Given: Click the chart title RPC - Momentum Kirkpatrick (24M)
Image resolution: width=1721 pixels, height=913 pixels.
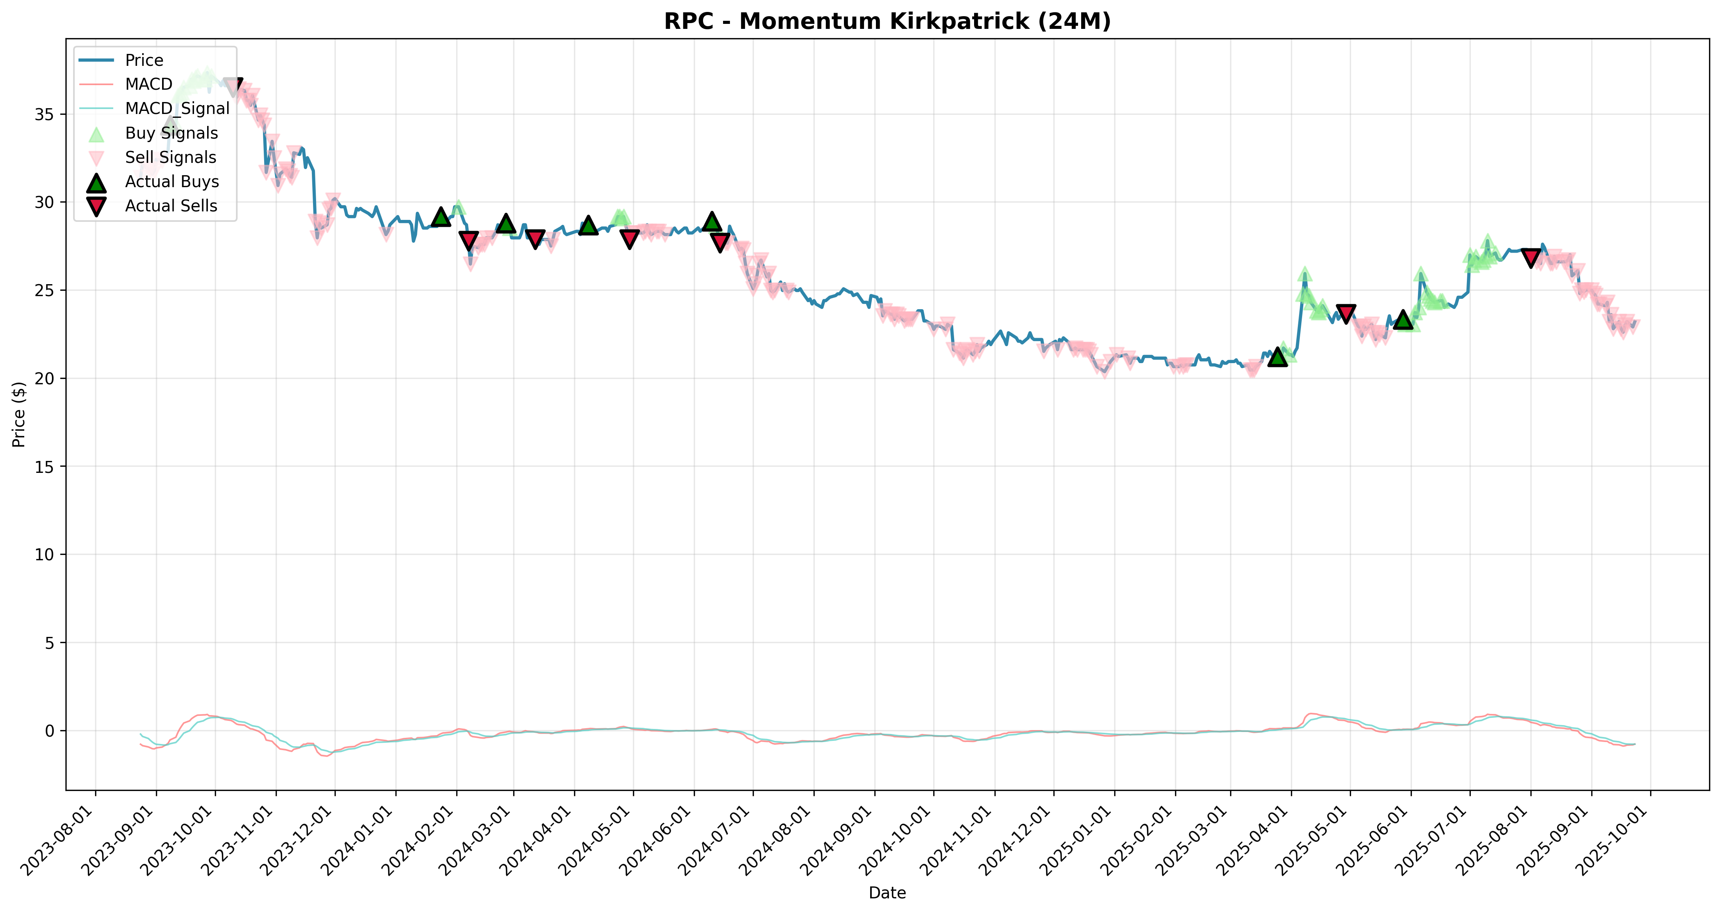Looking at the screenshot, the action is pos(887,22).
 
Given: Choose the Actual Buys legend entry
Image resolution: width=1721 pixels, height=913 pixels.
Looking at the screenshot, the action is pos(148,182).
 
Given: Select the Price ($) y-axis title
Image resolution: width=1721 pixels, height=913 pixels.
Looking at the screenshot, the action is pos(19,414).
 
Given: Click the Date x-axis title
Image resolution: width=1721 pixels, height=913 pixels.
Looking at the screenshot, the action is pos(887,893).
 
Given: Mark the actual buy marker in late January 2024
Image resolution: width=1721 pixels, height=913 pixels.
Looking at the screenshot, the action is pos(440,216).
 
